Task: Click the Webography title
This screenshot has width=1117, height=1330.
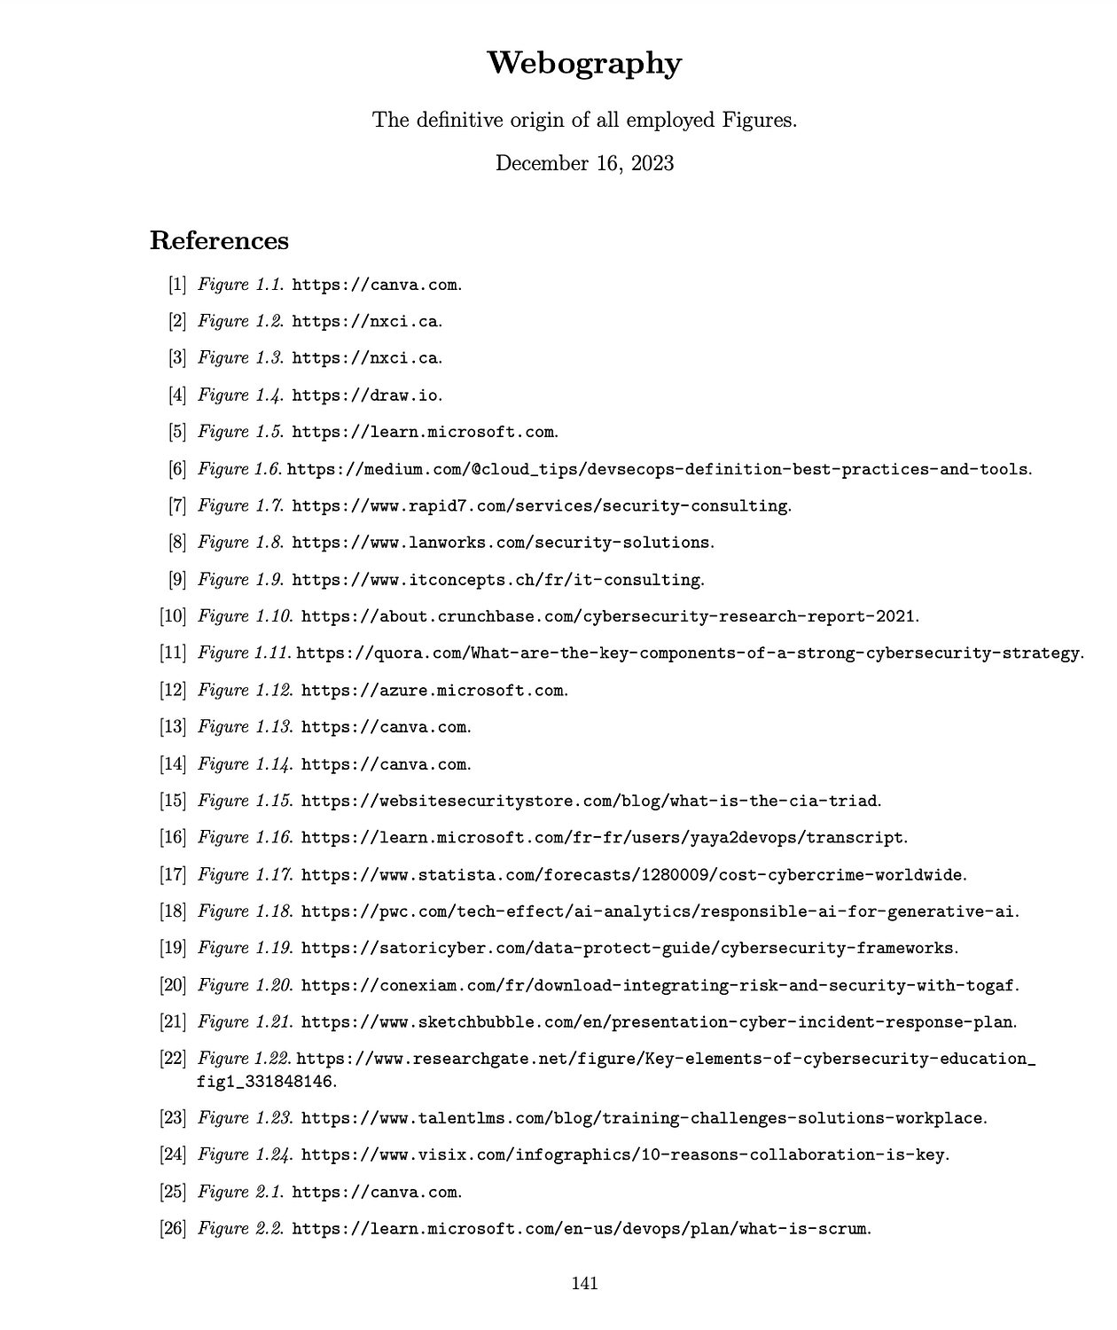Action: point(584,64)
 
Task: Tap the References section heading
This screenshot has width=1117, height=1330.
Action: point(219,241)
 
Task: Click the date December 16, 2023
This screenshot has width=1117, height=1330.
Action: point(584,163)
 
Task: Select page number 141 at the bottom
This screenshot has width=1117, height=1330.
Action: point(584,1283)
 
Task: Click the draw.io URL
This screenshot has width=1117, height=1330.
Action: point(365,395)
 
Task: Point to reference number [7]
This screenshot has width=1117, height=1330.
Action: point(176,505)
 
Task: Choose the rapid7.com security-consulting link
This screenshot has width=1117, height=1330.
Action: point(540,506)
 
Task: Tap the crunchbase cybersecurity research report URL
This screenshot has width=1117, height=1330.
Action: point(609,616)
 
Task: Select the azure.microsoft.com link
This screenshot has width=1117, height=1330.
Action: point(432,690)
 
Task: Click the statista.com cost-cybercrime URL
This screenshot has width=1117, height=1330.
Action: point(632,875)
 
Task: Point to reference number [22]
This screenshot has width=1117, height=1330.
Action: point(172,1059)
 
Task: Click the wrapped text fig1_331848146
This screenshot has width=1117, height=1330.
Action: point(265,1082)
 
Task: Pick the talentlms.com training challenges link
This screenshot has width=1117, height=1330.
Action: point(642,1118)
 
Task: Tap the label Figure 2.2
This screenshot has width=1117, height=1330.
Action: point(239,1229)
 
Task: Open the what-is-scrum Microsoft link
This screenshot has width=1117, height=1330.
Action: point(580,1229)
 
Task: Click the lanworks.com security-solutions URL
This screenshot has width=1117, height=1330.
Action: point(502,543)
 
